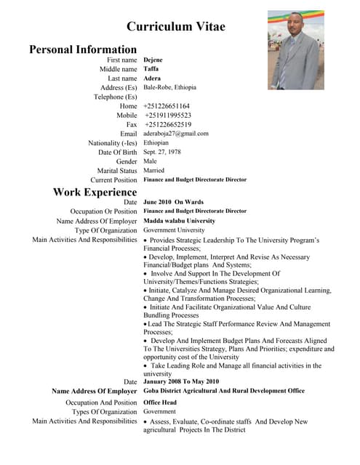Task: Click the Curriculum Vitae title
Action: (x=176, y=27)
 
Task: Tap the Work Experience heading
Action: (x=95, y=192)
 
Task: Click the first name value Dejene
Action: (x=154, y=60)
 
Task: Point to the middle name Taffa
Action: (x=151, y=69)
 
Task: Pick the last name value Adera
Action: (x=152, y=78)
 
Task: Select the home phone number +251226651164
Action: (x=167, y=106)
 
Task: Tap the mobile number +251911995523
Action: (x=168, y=116)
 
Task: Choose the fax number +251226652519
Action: (x=168, y=124)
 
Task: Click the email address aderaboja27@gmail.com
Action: (x=176, y=134)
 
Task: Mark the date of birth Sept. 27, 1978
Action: (x=162, y=152)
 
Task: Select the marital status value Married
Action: (x=154, y=171)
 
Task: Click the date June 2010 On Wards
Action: (x=173, y=202)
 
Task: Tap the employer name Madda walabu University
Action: (x=179, y=221)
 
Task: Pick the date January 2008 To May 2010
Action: (x=181, y=381)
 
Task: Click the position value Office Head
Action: (x=161, y=402)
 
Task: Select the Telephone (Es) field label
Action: (x=116, y=97)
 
